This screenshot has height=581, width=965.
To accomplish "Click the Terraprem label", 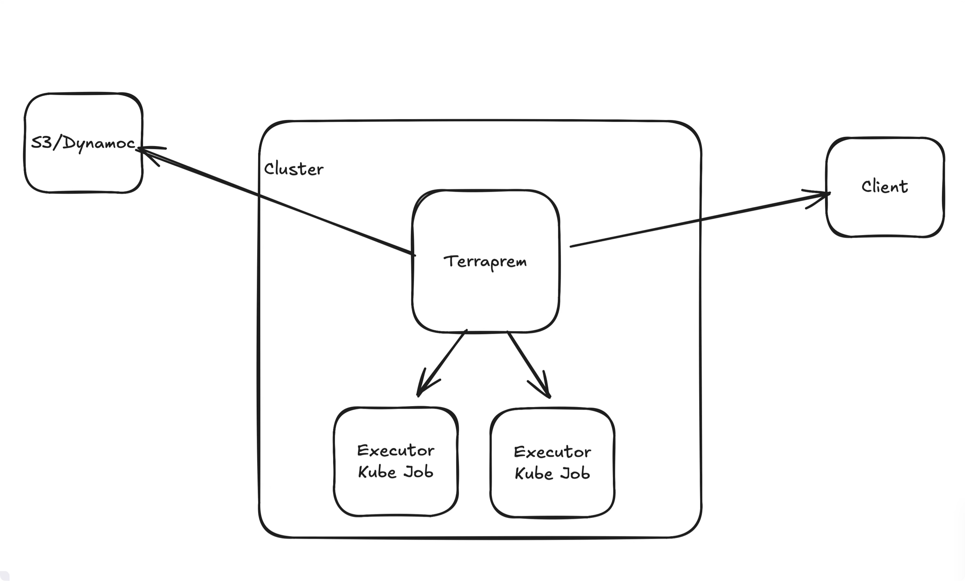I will point(485,262).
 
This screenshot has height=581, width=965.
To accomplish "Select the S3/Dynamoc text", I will point(83,143).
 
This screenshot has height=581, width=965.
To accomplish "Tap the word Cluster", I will point(294,169).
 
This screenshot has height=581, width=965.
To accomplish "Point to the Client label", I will point(884,187).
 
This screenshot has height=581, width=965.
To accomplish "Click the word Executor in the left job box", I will point(395,451).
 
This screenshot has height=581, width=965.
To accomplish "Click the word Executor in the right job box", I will point(552,452).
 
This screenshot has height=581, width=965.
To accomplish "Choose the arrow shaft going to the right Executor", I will point(525,360).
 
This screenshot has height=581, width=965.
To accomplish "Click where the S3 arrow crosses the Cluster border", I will point(259,195).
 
